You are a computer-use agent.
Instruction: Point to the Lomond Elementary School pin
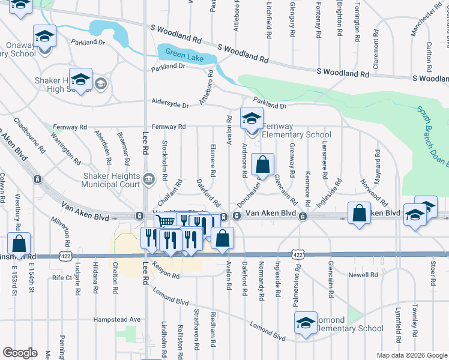[306, 323]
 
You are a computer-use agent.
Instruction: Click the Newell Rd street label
[363, 275]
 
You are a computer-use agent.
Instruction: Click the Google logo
[20, 352]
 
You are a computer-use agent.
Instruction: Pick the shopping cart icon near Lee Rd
[167, 221]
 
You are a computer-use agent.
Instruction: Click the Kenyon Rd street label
[166, 273]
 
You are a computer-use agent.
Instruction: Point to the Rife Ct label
[62, 278]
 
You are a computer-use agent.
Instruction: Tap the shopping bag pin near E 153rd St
[19, 244]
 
